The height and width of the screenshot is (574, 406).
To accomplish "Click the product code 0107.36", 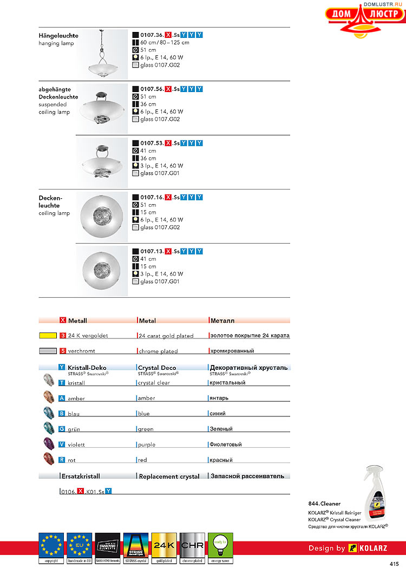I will (x=152, y=35).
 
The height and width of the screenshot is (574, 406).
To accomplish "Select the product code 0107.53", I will (x=152, y=143).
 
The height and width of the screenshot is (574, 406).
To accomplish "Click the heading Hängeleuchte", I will (x=58, y=36).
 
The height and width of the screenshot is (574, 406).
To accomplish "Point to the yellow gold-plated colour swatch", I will (x=49, y=336).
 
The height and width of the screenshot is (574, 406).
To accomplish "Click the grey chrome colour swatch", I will (x=49, y=351).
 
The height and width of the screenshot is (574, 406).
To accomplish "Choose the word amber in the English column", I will (x=147, y=398).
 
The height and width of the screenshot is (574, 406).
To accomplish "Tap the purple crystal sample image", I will (x=49, y=444).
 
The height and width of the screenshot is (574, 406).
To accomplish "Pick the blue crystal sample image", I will (x=49, y=413).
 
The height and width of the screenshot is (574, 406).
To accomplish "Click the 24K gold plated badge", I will (x=164, y=548).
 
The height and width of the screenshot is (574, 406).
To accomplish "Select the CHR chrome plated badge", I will (x=192, y=548).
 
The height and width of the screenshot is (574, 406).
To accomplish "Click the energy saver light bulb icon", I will (x=220, y=548).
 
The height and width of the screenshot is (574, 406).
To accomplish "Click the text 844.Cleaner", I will (x=324, y=504).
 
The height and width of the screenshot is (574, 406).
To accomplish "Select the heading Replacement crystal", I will (x=169, y=477).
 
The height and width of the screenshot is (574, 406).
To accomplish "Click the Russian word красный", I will (x=221, y=460).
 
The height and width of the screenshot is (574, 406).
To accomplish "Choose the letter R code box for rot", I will (x=62, y=460).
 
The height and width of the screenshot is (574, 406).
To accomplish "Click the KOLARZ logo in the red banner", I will (x=368, y=548).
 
